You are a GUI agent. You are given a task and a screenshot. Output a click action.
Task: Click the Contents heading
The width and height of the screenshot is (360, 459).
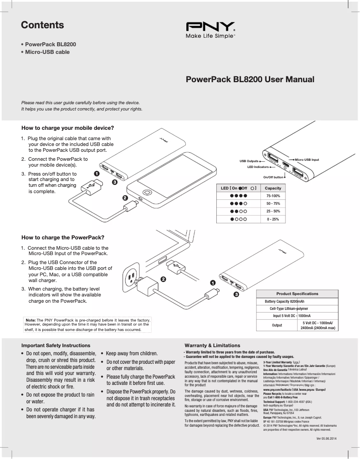[x=42, y=25]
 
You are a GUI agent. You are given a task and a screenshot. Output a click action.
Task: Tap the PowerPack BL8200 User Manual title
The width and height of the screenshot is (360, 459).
[x=250, y=80]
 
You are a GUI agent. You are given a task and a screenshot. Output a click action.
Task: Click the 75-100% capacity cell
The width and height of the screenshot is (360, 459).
[x=273, y=196]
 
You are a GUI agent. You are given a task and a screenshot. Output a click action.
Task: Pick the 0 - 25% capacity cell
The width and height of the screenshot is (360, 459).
[x=273, y=219]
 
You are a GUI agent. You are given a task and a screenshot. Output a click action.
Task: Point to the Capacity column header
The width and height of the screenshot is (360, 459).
[x=273, y=188]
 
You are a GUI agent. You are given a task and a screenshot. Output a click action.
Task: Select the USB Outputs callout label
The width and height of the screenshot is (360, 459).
[x=249, y=160]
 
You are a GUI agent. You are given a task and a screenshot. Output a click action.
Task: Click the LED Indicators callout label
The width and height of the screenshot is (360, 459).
[x=258, y=167]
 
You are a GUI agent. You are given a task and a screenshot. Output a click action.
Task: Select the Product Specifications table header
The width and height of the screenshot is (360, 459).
[x=297, y=294]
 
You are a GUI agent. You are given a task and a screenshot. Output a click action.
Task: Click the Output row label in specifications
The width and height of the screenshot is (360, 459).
[x=277, y=325]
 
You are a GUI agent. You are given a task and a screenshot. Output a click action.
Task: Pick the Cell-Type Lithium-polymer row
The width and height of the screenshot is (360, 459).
[x=289, y=309]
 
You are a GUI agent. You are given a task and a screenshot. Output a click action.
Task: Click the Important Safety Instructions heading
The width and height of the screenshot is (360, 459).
[x=56, y=345]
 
